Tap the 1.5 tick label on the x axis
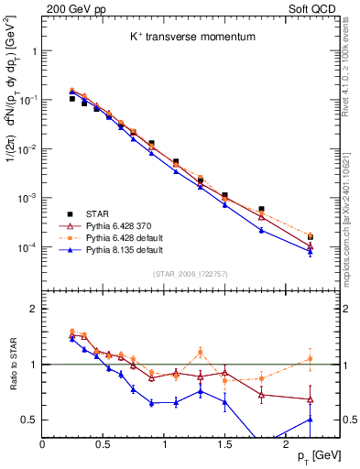click(224, 442)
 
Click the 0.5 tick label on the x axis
click(104, 442)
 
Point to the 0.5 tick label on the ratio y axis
click(29, 420)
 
